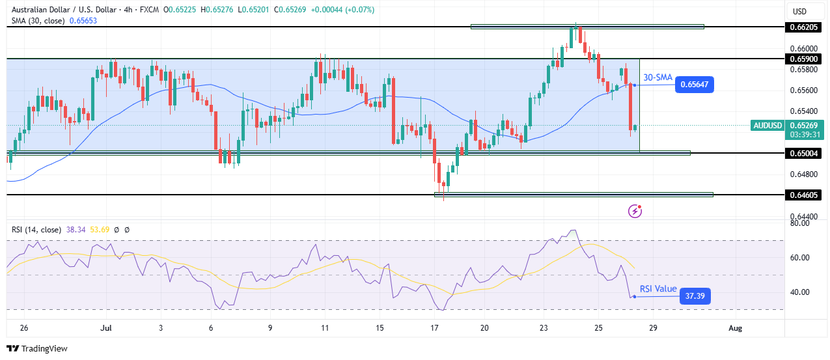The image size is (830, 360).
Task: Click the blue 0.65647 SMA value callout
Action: (x=695, y=84)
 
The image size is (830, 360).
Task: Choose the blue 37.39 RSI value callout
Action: (x=695, y=297)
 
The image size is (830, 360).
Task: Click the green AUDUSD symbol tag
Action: (x=768, y=125)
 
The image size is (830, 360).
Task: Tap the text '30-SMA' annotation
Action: (x=657, y=77)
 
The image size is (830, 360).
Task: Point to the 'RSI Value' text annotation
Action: (x=657, y=289)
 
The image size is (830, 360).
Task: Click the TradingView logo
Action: (x=37, y=348)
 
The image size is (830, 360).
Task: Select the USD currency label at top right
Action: (x=799, y=11)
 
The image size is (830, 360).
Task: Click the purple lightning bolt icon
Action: (x=635, y=211)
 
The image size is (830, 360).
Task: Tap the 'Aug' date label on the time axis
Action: (x=734, y=327)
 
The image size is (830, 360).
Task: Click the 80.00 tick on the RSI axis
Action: (x=798, y=223)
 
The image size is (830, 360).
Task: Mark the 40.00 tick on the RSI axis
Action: (x=798, y=292)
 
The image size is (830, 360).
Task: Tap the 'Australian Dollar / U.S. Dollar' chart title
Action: (x=61, y=10)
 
